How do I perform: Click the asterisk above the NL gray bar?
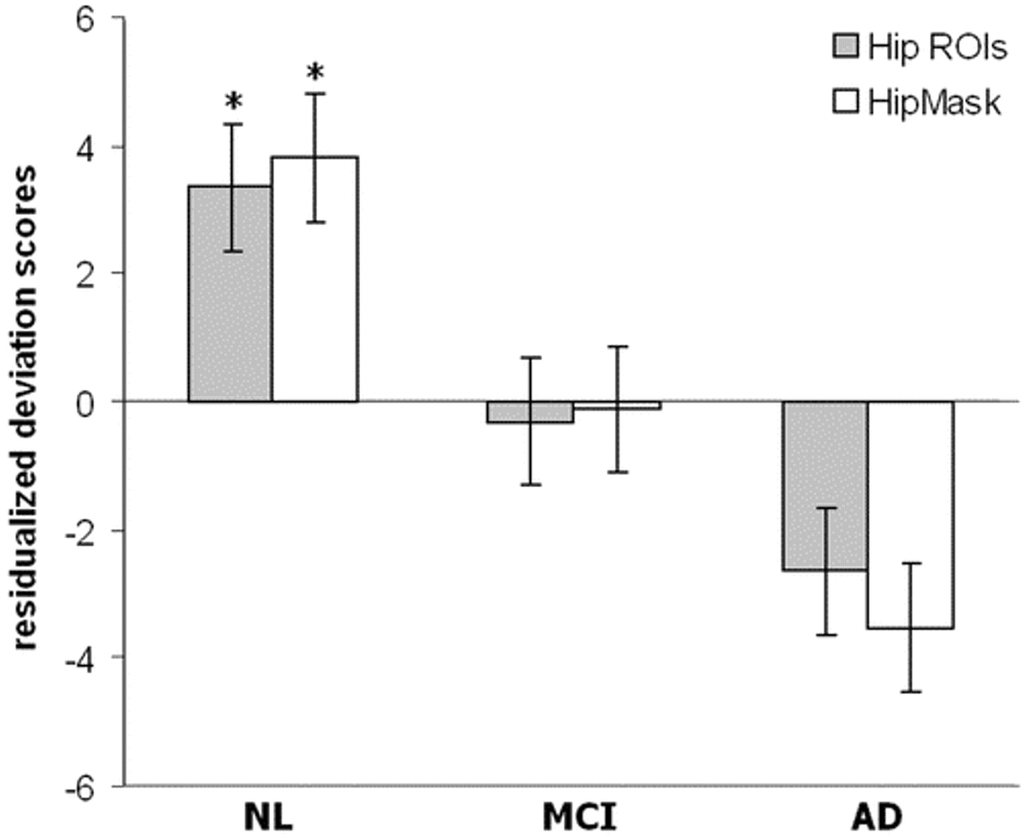[x=233, y=102]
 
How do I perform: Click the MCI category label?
[x=580, y=816]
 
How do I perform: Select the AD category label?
[x=877, y=816]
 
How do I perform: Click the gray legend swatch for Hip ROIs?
[x=846, y=46]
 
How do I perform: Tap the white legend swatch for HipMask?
[x=846, y=101]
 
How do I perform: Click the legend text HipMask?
[x=934, y=102]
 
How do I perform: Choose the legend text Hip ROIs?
[x=937, y=47]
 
